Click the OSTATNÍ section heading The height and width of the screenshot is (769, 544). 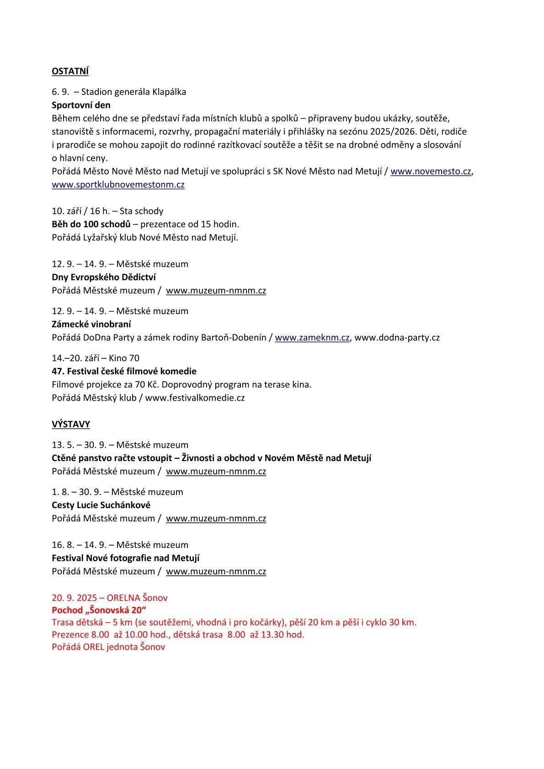tap(70, 71)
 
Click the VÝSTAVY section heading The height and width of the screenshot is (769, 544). tap(71, 424)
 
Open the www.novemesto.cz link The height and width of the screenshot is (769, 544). tap(431, 171)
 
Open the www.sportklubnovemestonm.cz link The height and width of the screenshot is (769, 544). tap(118, 185)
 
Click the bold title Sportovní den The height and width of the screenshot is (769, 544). tap(81, 105)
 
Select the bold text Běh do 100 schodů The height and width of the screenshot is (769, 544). tap(91, 224)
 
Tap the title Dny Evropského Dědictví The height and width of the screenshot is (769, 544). tap(104, 277)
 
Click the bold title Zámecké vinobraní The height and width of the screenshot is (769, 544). tap(91, 324)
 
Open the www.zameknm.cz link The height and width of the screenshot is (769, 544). tap(312, 338)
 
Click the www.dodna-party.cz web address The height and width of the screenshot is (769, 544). tap(397, 338)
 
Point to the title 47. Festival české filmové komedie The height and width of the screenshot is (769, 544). tap(124, 371)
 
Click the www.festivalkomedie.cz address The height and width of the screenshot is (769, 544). tap(195, 398)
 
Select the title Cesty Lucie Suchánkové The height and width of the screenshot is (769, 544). tap(101, 505)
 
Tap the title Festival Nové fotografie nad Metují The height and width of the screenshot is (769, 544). tap(125, 558)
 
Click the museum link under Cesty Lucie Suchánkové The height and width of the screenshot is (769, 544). tap(216, 519)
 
